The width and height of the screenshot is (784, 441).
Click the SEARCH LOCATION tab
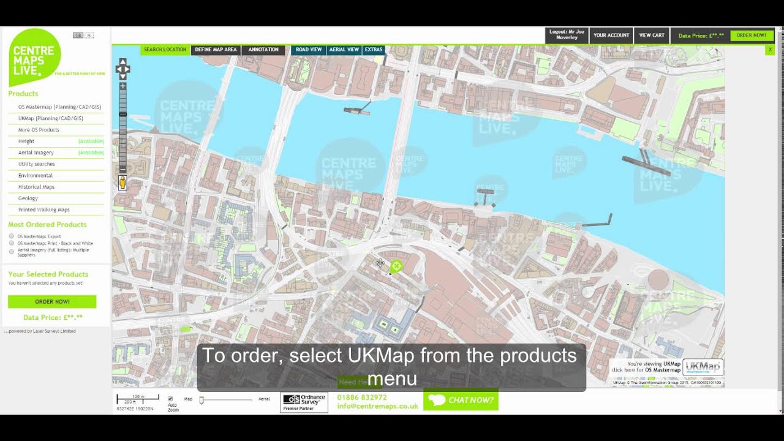click(x=165, y=50)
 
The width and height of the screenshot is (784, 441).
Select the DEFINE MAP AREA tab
click(x=216, y=50)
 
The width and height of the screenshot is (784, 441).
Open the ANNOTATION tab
click(x=263, y=50)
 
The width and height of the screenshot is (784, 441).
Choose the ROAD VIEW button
click(x=309, y=50)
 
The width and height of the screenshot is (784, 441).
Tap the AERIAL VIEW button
click(x=344, y=50)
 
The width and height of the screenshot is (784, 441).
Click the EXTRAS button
click(x=374, y=50)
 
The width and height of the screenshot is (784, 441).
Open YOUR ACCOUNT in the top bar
click(x=611, y=36)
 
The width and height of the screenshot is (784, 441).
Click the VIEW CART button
click(x=652, y=36)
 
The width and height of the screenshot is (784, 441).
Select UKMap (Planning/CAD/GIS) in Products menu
click(x=50, y=118)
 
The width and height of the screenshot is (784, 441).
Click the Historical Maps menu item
click(x=36, y=187)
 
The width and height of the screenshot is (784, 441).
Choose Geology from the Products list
click(x=28, y=198)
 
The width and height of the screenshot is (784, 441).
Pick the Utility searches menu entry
click(x=36, y=164)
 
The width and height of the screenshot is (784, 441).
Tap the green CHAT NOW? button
click(x=461, y=400)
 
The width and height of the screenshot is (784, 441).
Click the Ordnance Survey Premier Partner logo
click(x=304, y=402)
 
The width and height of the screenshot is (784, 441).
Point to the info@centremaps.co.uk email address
click(x=377, y=406)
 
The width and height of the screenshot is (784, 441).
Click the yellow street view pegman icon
click(x=123, y=183)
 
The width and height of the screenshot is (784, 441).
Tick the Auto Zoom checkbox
click(x=170, y=399)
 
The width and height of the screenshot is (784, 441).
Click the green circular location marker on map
click(x=396, y=266)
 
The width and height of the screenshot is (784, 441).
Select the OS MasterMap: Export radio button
click(x=12, y=236)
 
